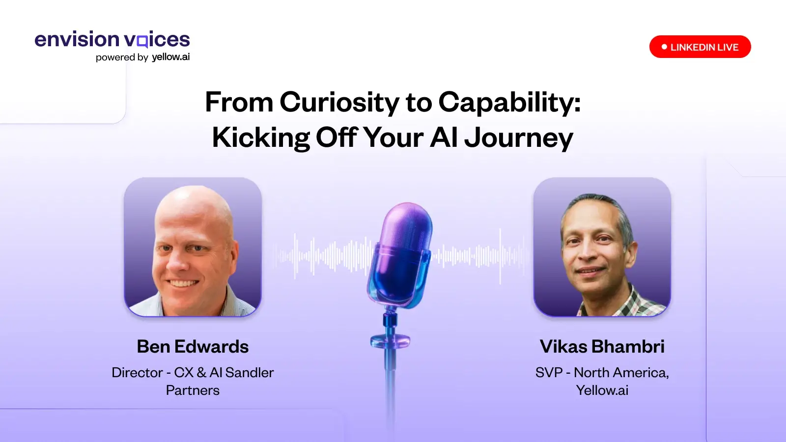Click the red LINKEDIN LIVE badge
tap(700, 47)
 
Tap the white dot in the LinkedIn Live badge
tap(664, 47)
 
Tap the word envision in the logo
tap(77, 39)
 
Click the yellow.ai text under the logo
tap(171, 57)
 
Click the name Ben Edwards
tap(193, 347)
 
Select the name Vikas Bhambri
tap(602, 347)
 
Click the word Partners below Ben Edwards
tap(193, 390)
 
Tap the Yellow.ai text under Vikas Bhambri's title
tap(602, 390)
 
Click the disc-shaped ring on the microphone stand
tap(390, 341)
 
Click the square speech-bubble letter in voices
tap(142, 41)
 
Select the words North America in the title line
tap(620, 373)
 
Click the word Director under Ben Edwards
tap(137, 373)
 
